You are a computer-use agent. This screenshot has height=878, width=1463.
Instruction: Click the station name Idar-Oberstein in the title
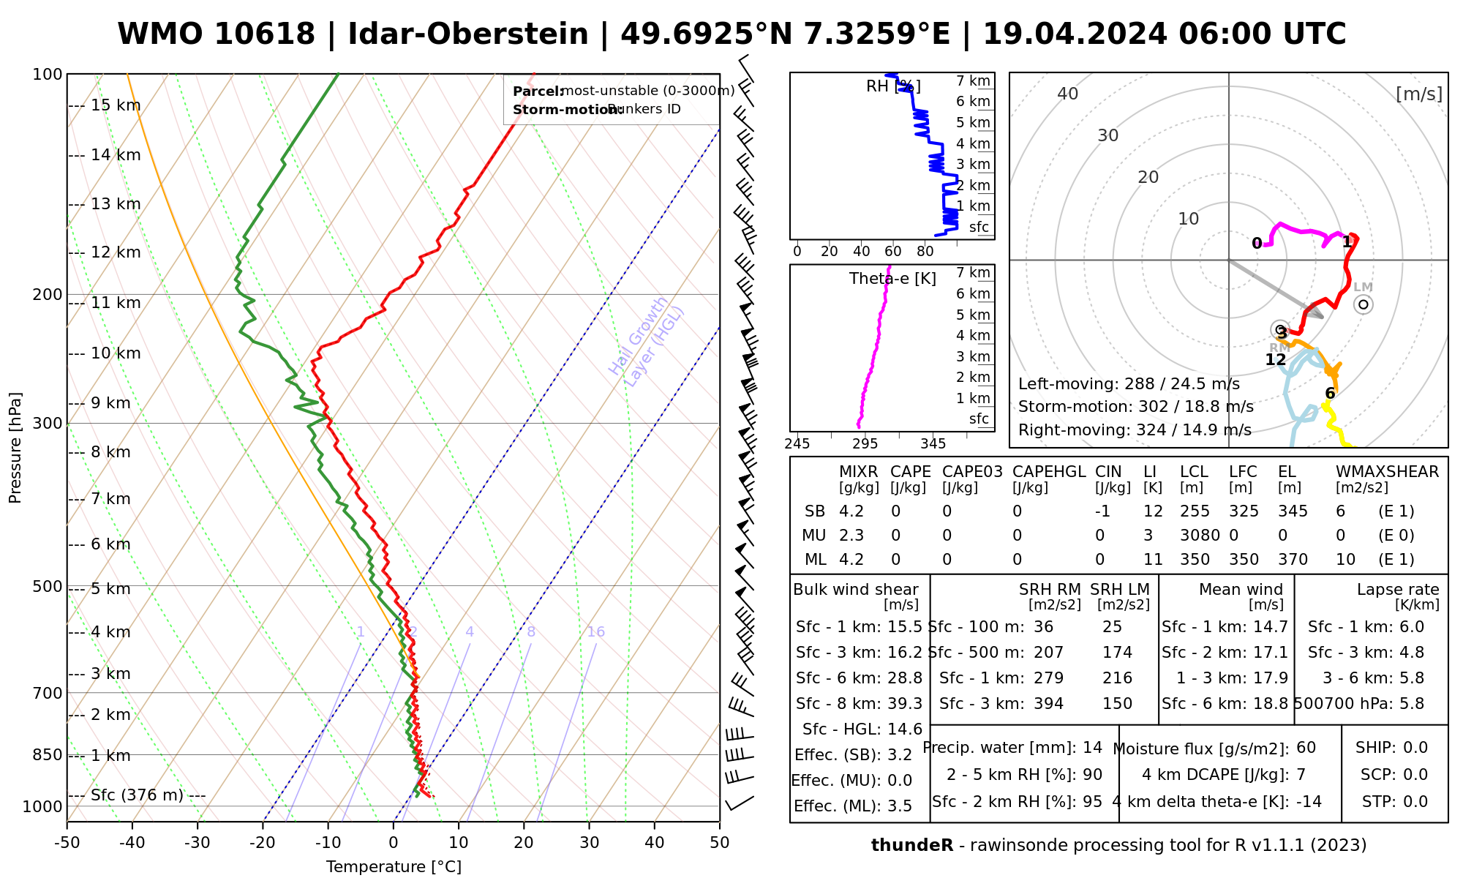468,34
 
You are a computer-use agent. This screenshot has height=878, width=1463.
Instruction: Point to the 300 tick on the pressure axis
49,423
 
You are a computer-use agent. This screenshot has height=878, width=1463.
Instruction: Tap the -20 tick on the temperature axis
263,843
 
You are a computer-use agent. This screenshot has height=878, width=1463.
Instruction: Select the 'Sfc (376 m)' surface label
137,795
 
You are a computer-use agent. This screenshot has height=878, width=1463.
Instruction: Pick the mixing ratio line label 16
595,632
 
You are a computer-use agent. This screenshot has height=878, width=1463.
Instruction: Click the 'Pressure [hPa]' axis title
15,448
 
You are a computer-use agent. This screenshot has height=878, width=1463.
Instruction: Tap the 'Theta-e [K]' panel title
892,279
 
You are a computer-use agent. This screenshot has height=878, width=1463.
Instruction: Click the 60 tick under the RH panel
893,252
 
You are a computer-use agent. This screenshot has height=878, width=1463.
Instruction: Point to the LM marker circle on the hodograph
1364,304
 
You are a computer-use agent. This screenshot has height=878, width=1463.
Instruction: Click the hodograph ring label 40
1068,94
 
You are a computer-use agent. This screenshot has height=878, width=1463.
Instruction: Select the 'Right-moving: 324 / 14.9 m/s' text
1135,430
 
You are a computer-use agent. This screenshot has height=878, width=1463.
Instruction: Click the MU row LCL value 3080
1200,536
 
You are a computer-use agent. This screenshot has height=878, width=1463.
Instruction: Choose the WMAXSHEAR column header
1387,472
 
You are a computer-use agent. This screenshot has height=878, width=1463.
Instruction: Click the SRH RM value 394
1048,704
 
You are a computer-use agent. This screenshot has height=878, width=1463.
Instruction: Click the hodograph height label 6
1330,394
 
